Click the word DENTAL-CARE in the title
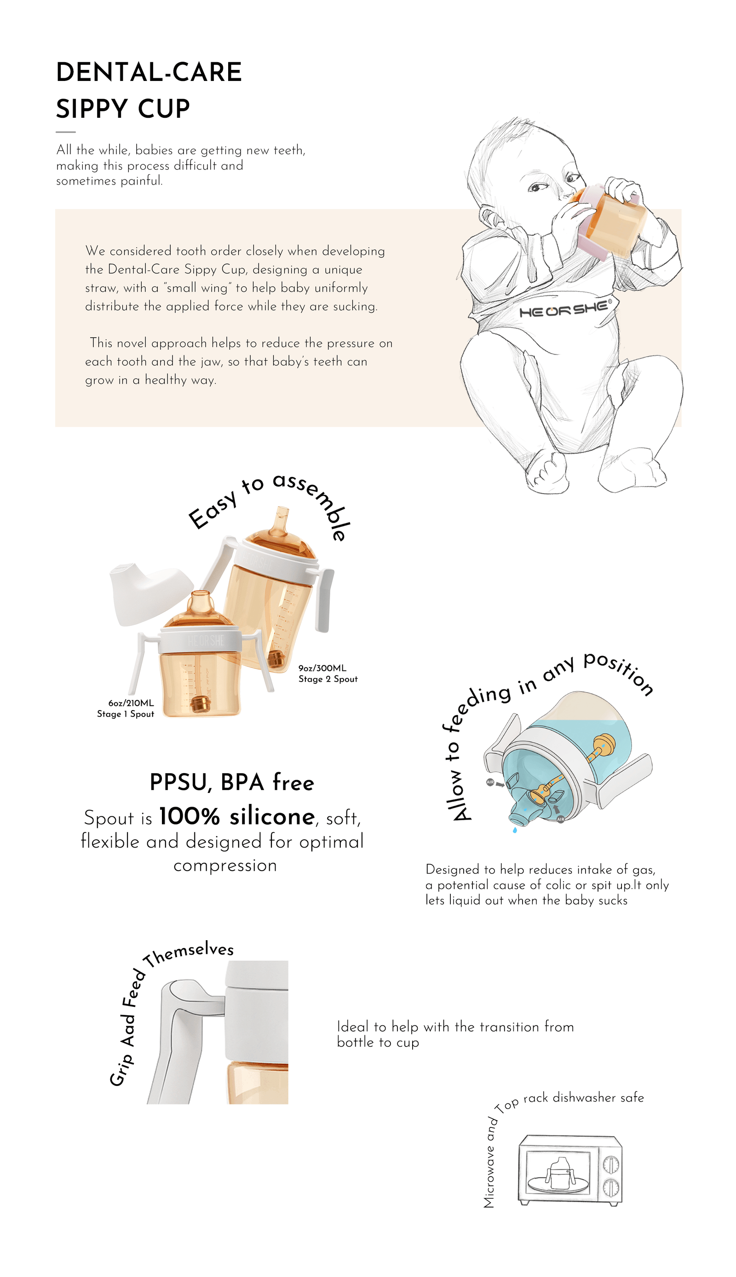(x=149, y=72)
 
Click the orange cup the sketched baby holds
(x=614, y=217)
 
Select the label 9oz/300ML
(x=322, y=668)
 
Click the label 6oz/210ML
(x=131, y=703)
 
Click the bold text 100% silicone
(x=236, y=816)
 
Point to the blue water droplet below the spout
(x=515, y=830)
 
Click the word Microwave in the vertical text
(x=489, y=1175)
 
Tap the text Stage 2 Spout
(x=328, y=679)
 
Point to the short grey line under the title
(x=66, y=132)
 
